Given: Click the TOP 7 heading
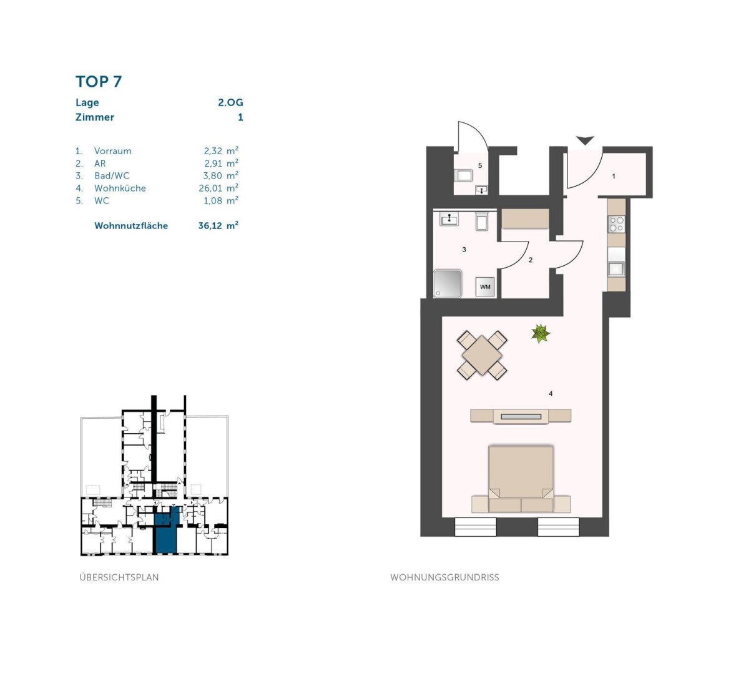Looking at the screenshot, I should pyautogui.click(x=99, y=82).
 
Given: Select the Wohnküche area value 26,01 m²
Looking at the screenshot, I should pyautogui.click(x=218, y=188).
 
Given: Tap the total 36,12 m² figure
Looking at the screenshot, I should pyautogui.click(x=218, y=225).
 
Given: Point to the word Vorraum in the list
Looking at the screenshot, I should pyautogui.click(x=112, y=151).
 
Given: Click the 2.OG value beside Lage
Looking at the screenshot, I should pyautogui.click(x=230, y=102).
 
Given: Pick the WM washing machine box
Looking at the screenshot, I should pyautogui.click(x=485, y=287).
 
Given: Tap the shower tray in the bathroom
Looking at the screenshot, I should pyautogui.click(x=447, y=283).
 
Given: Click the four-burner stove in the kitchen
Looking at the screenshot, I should pyautogui.click(x=616, y=223).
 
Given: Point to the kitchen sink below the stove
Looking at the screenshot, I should pyautogui.click(x=616, y=268).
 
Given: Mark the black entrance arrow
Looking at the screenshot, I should pyautogui.click(x=585, y=141).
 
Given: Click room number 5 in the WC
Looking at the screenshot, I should pyautogui.click(x=480, y=165).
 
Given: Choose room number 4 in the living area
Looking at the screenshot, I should pyautogui.click(x=551, y=394).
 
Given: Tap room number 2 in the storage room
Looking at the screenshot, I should pyautogui.click(x=531, y=260).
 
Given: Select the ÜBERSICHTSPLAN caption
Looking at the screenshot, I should pyautogui.click(x=119, y=577).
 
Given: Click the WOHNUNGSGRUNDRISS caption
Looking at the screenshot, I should pyautogui.click(x=444, y=577).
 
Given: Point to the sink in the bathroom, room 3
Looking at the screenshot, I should pyautogui.click(x=449, y=220).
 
